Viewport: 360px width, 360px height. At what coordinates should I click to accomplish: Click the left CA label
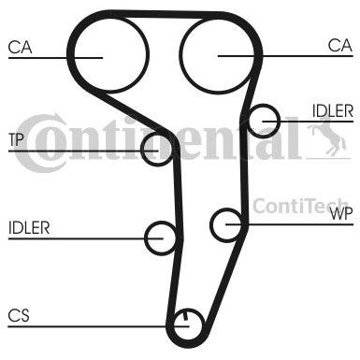click(x=20, y=48)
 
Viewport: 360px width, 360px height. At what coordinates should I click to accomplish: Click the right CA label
click(x=340, y=46)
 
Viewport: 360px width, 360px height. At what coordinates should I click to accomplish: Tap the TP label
click(x=16, y=139)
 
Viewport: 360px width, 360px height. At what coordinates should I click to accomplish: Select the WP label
click(x=341, y=213)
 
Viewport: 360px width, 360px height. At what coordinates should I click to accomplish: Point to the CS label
click(x=19, y=315)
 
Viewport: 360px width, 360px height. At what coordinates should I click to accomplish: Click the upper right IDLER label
click(x=333, y=110)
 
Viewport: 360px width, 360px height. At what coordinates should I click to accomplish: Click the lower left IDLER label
click(x=29, y=228)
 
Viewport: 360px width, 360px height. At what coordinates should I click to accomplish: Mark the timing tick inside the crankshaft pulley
click(x=185, y=315)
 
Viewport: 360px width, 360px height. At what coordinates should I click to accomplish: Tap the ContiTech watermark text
click(x=299, y=206)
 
